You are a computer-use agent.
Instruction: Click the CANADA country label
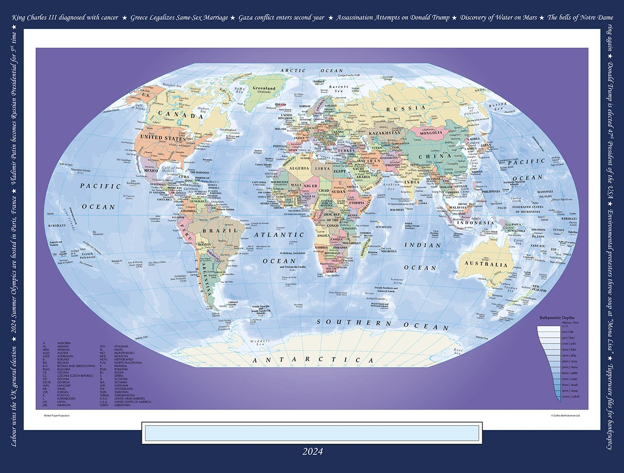(181, 114)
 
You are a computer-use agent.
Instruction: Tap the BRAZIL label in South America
(221, 230)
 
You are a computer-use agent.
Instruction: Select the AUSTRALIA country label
(485, 263)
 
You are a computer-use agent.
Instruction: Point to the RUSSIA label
(406, 108)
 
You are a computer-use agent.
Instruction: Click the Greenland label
(264, 88)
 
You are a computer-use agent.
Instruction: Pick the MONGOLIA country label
(431, 133)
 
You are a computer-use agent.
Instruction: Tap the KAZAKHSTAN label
(384, 133)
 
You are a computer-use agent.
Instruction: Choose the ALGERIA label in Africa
(299, 168)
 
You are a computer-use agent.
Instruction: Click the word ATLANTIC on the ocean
(279, 235)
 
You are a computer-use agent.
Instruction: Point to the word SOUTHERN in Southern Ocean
(354, 323)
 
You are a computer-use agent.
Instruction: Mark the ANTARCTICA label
(313, 360)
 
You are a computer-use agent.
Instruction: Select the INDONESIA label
(475, 222)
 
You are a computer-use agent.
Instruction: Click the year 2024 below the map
(312, 452)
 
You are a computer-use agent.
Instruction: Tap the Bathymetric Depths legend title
(557, 317)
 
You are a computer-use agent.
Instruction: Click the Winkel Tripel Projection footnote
(57, 416)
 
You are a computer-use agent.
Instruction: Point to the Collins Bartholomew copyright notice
(565, 416)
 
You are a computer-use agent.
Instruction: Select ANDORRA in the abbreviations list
(64, 343)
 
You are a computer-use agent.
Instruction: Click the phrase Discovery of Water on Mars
(498, 18)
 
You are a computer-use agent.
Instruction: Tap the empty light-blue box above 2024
(312, 433)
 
